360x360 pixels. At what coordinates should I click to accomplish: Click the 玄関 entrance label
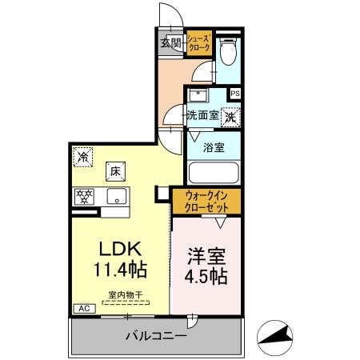170,43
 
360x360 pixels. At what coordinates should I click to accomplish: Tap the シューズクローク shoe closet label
199,43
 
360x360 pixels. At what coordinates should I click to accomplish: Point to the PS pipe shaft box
234,94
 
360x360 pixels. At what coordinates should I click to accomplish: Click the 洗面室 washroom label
203,115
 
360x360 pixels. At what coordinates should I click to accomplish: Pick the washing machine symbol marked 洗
231,117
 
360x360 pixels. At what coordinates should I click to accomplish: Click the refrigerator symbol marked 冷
82,157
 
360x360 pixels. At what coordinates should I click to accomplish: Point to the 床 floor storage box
114,170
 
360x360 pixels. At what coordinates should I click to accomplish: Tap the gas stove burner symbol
83,195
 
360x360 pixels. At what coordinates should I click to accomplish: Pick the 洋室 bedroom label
206,257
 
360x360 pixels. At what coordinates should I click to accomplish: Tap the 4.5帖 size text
206,278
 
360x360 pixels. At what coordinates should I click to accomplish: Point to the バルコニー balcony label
156,337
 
